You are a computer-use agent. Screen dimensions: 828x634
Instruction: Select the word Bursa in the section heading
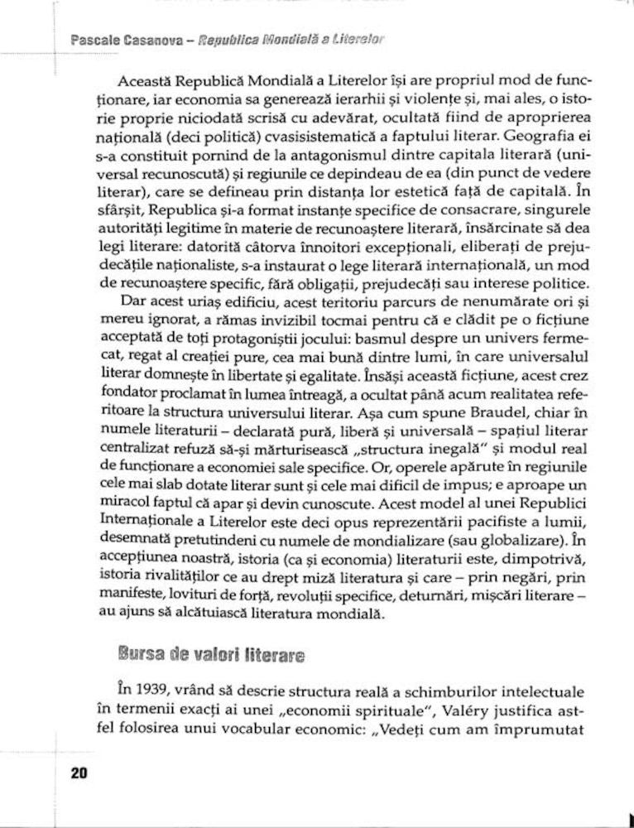click(x=138, y=655)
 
